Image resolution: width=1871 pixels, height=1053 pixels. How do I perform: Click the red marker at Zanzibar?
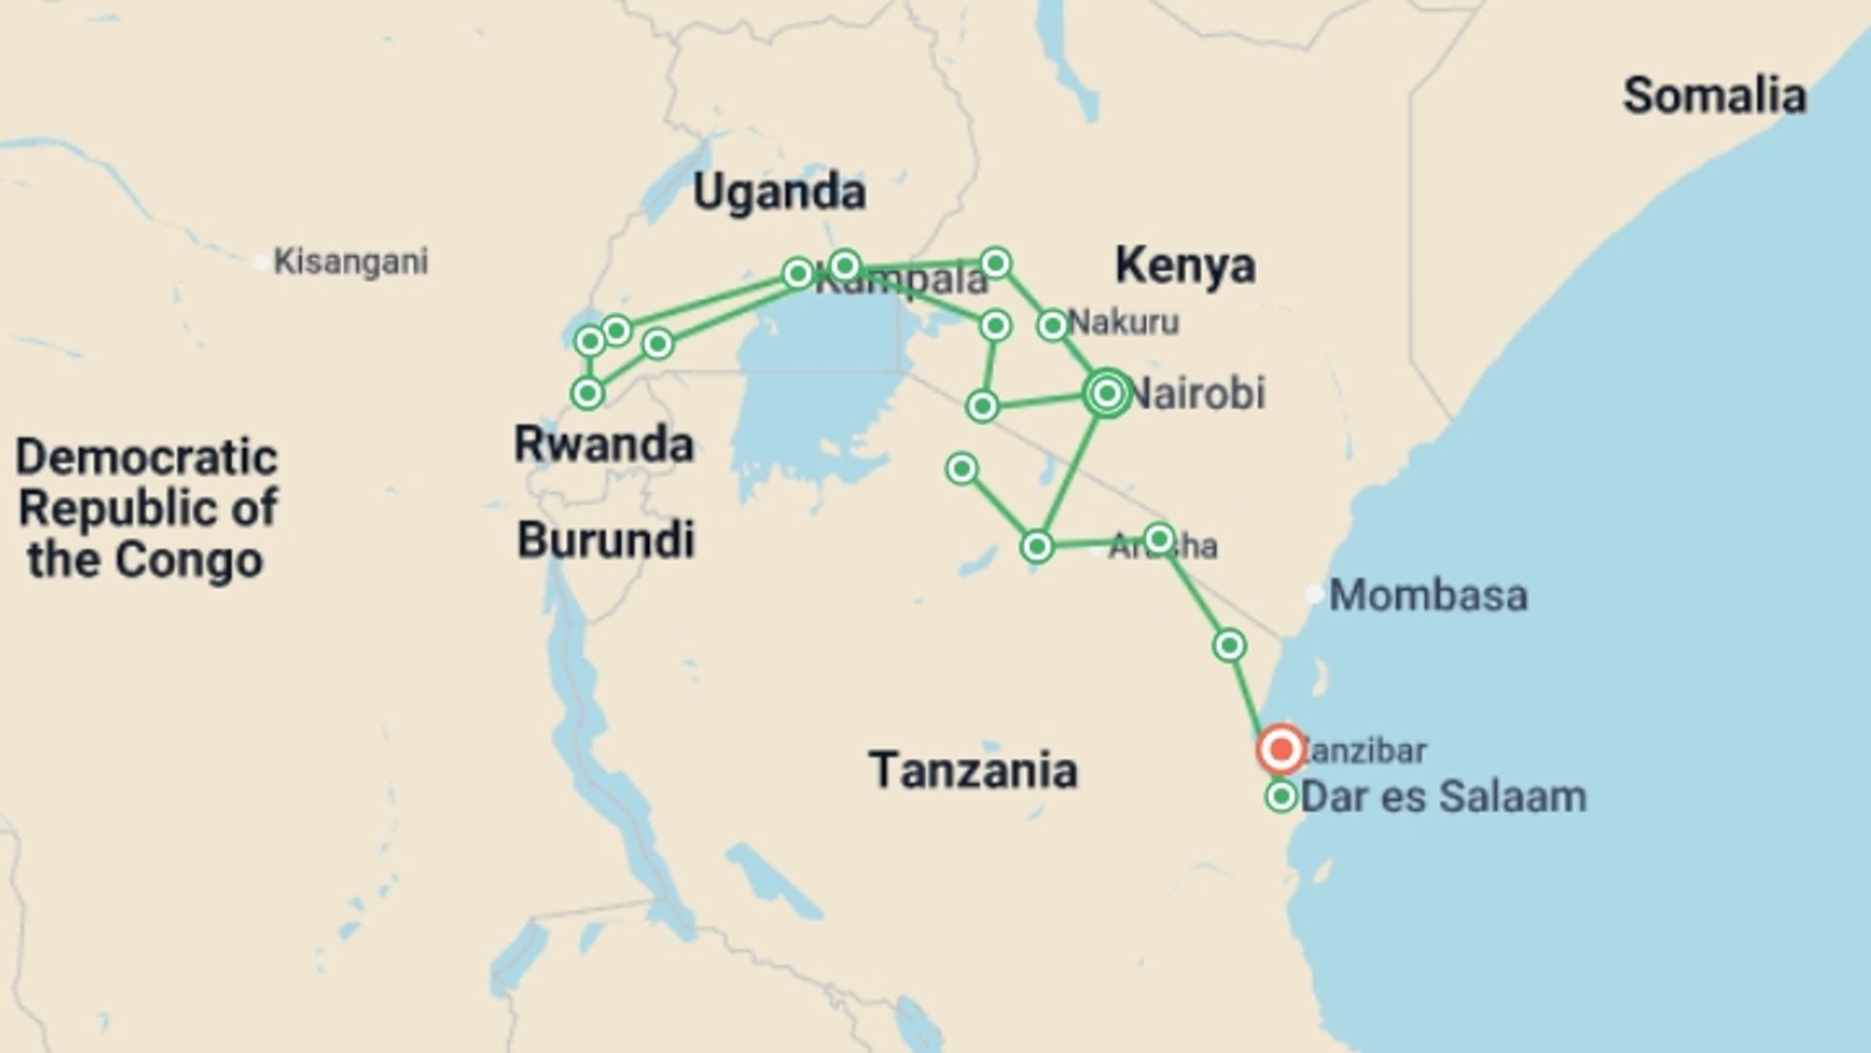pos(1280,750)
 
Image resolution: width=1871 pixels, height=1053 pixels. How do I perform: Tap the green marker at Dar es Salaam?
pos(1280,797)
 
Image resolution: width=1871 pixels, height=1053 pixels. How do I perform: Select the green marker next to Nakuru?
pos(1052,325)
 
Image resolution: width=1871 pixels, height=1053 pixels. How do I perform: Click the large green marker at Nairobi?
pos(1107,393)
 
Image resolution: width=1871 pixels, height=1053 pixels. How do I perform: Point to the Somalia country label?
pos(1714,96)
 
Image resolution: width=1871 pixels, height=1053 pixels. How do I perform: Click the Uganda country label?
pos(779,192)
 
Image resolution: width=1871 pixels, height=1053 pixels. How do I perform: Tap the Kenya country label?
pos(1184,265)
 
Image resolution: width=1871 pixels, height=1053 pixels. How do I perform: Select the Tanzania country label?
pos(973,770)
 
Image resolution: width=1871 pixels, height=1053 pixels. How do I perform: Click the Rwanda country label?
pos(603,445)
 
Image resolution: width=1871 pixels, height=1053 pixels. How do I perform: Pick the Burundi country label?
pos(605,540)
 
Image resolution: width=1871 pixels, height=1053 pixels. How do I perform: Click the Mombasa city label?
pos(1428,595)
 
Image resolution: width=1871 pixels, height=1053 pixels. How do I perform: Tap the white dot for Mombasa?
pos(1315,593)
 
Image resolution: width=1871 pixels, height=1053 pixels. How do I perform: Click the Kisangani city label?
pos(351,261)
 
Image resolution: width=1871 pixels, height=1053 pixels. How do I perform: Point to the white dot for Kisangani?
pos(261,262)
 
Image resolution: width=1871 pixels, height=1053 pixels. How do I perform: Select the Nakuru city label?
pos(1124,322)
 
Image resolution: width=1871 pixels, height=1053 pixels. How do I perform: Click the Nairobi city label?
pos(1198,393)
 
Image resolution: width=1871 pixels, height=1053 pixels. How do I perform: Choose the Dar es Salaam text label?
pos(1443,797)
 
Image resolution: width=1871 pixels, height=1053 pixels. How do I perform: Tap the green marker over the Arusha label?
pos(1159,538)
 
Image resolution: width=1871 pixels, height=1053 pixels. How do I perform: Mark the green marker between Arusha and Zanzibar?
pos(1229,645)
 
